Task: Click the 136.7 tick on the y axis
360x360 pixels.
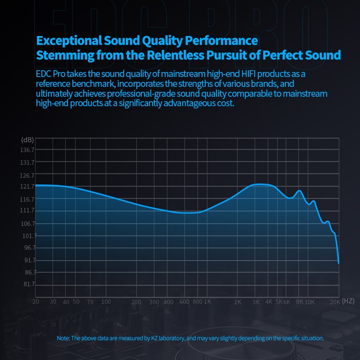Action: click(x=28, y=150)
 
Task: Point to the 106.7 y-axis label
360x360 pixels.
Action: click(x=28, y=224)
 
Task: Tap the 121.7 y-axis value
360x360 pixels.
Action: click(x=28, y=186)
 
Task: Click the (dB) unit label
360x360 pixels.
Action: click(x=27, y=139)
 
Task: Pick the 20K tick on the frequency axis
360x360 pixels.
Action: click(x=335, y=302)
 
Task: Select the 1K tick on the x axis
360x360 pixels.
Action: click(x=207, y=302)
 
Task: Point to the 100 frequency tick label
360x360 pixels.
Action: click(x=106, y=301)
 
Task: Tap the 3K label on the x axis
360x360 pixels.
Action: click(x=256, y=302)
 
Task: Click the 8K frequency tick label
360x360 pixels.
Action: click(x=300, y=302)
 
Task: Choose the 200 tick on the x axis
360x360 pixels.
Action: click(x=136, y=302)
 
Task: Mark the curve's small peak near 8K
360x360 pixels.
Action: click(x=299, y=191)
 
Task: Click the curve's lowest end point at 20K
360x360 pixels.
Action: click(x=338, y=263)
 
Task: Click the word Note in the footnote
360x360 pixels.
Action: click(x=63, y=338)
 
